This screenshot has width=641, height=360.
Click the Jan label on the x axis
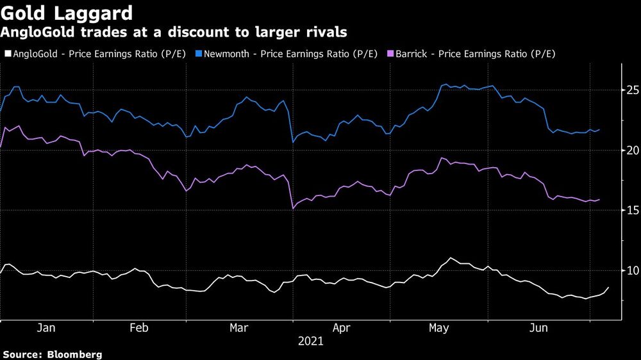coord(46,328)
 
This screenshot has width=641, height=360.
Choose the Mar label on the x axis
coord(238,328)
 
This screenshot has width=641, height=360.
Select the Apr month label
coord(342,328)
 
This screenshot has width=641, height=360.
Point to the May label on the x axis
coord(439,328)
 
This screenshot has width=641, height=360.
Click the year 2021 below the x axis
coord(311,342)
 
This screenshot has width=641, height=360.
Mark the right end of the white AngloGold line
coord(609,288)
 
